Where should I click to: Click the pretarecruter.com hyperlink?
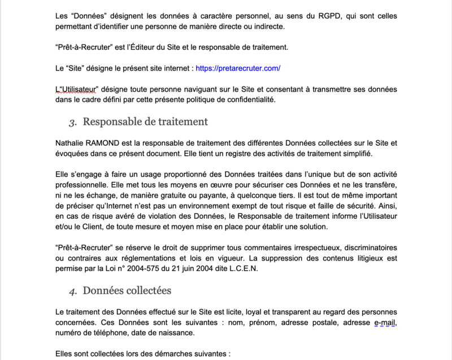coord(238,68)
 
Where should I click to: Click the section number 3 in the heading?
coord(72,122)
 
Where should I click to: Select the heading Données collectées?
coord(127,290)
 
